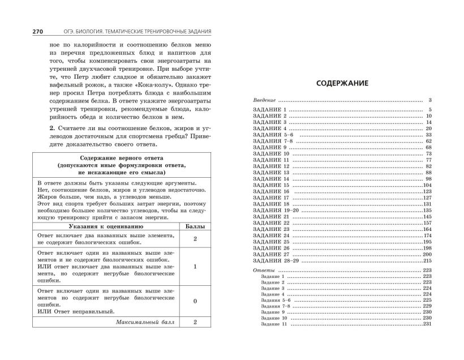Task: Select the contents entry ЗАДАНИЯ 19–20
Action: [x=272, y=210]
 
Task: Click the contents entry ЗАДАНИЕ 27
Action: [x=269, y=254]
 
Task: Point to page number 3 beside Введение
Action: [x=430, y=100]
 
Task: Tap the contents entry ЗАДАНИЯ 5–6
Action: [x=270, y=136]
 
